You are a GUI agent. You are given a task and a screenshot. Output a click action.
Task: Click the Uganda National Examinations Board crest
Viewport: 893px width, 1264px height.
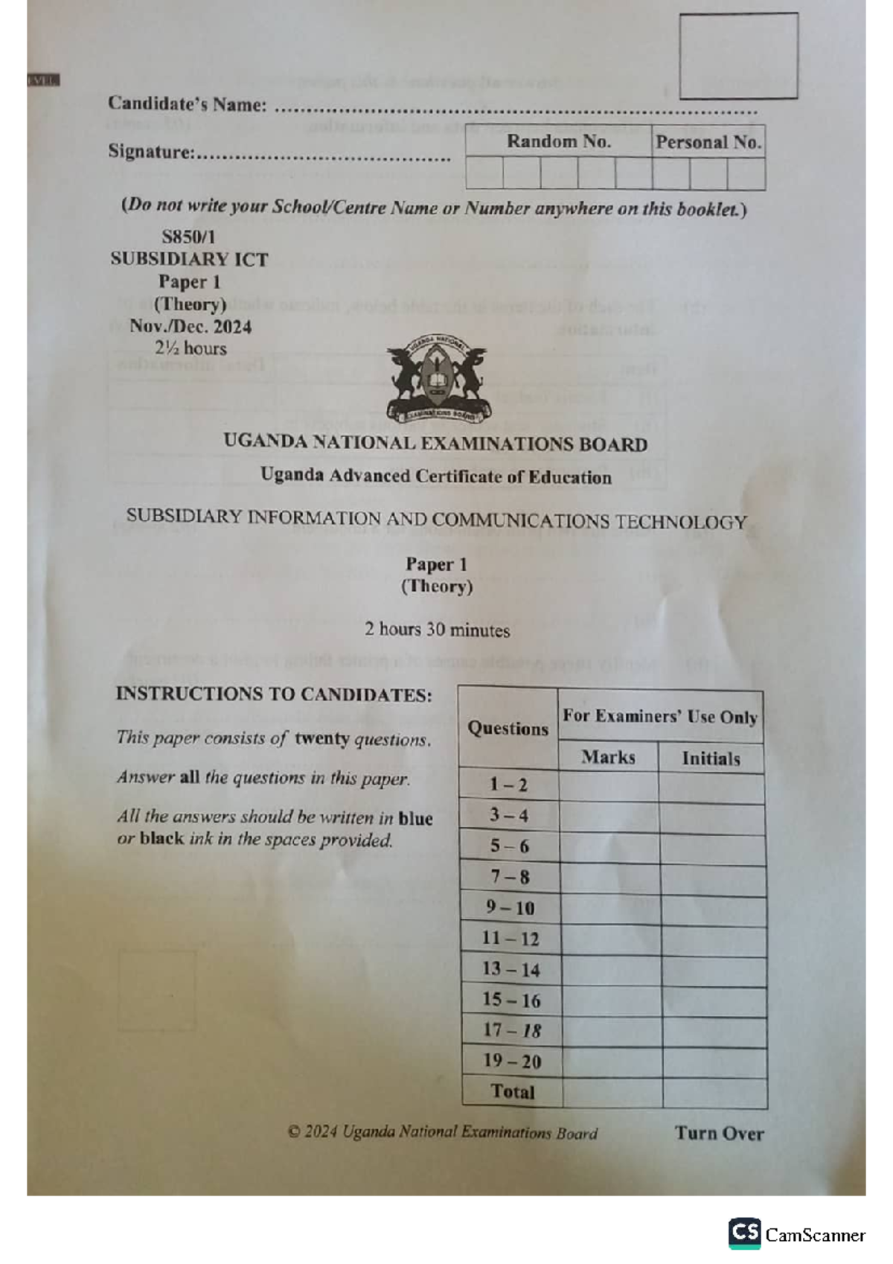437,380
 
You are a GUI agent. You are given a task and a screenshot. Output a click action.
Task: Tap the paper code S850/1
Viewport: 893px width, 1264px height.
188,237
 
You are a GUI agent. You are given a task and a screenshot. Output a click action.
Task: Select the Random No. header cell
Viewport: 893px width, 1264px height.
558,141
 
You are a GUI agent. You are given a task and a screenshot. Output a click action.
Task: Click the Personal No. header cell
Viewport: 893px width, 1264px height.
708,142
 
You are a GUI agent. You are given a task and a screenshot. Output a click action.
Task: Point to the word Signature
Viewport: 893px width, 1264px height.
151,152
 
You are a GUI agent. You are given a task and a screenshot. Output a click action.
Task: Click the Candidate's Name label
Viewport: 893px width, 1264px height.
187,103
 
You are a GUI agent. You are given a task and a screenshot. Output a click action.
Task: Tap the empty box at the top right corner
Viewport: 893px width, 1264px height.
738,56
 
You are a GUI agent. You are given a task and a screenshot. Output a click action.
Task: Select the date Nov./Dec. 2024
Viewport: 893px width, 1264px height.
191,326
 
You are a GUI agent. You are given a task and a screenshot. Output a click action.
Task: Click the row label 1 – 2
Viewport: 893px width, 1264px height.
508,785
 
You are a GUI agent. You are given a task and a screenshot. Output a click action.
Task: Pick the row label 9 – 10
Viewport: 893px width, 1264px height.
510,908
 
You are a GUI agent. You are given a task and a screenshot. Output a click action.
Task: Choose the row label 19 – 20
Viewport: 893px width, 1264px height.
512,1062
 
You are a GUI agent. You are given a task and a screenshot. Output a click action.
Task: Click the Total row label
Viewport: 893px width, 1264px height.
512,1092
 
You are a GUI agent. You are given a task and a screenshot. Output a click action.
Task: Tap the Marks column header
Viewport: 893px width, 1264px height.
608,758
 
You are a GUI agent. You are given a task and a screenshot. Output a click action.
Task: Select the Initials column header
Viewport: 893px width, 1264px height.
711,759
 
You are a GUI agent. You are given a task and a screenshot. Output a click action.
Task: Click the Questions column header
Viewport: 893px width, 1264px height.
508,728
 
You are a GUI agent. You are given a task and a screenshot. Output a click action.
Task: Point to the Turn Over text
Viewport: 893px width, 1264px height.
719,1133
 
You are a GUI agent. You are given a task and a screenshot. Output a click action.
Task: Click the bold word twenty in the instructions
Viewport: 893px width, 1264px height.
321,738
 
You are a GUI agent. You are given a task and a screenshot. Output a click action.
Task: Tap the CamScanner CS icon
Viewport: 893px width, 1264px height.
744,1233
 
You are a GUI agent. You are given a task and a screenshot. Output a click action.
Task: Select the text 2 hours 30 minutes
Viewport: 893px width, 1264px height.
437,630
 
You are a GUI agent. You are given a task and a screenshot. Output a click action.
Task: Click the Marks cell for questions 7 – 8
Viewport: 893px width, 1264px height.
609,878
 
